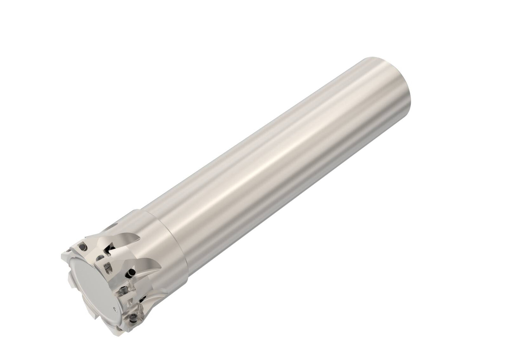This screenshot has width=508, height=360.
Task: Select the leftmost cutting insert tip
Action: click(63, 254)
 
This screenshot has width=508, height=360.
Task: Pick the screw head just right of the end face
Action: click(106, 269)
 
